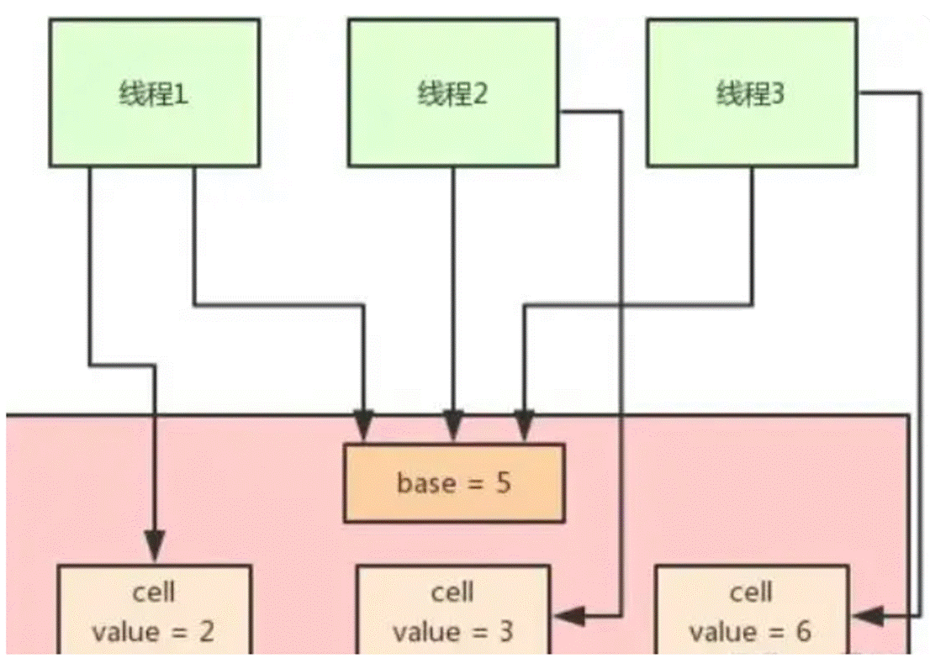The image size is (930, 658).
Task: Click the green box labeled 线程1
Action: pos(155,92)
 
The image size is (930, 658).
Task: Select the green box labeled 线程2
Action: pos(453,92)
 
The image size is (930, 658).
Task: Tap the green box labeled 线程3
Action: pos(751,92)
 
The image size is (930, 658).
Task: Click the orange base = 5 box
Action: pos(453,483)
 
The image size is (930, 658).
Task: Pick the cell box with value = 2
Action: pos(155,610)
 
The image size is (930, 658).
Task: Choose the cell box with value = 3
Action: pos(453,610)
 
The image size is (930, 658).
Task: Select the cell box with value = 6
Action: pos(751,610)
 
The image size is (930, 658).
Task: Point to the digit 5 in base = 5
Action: pos(503,484)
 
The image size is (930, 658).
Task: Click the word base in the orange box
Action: pos(425,484)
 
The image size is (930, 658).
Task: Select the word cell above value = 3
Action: pos(452,593)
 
